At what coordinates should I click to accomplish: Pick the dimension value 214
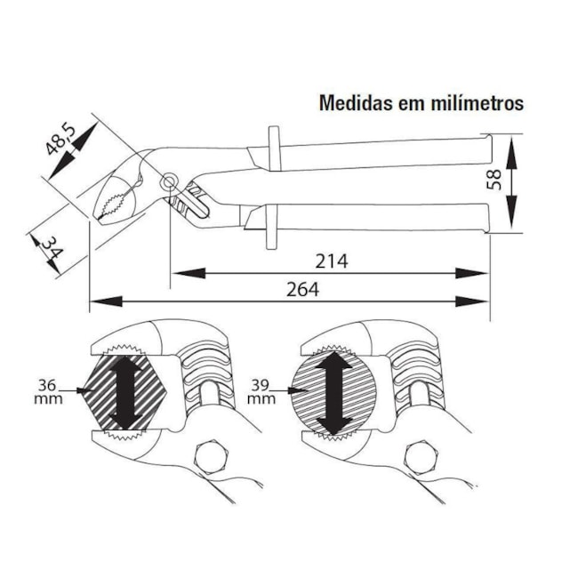[331, 261]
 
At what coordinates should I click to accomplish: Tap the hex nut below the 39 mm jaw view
[421, 459]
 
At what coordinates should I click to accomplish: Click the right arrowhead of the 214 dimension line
[473, 273]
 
